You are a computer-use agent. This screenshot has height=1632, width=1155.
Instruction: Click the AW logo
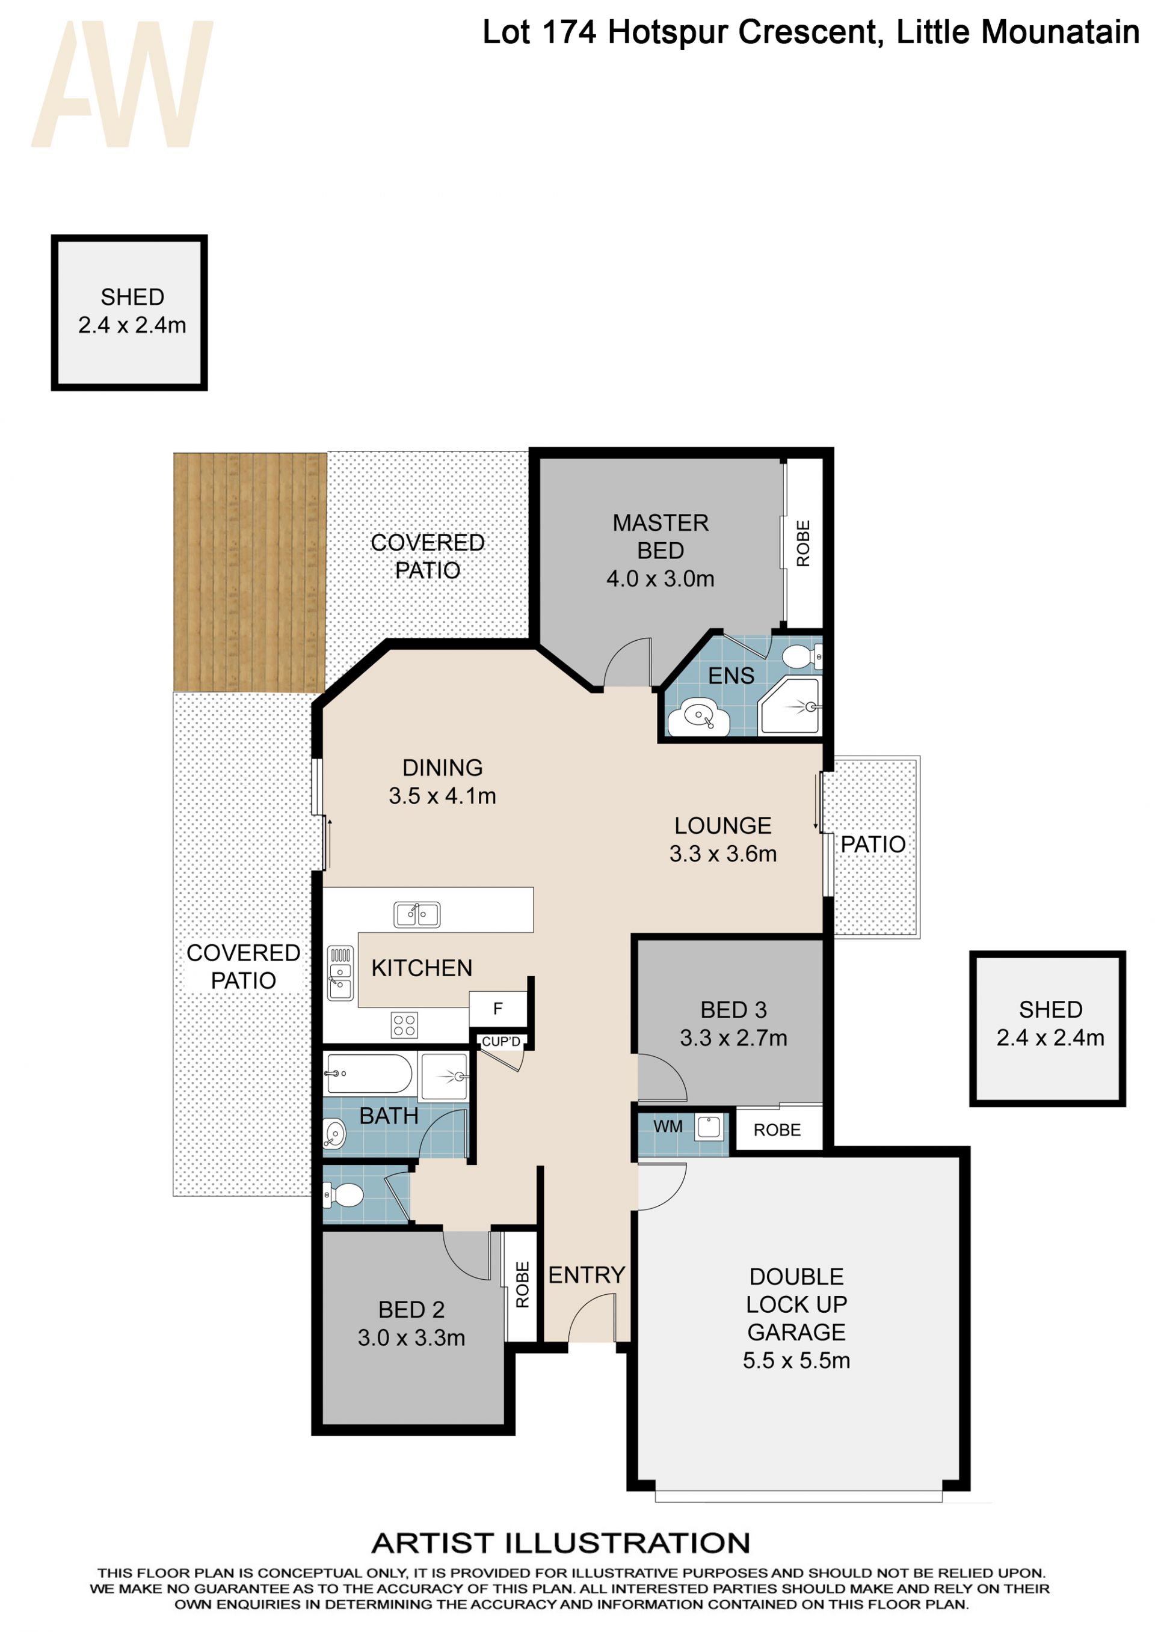[122, 84]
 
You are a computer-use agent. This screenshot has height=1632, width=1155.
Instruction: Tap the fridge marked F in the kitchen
[498, 1009]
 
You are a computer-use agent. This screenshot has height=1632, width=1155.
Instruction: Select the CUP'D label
[501, 1041]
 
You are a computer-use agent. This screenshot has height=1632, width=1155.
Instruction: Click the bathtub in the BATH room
[368, 1074]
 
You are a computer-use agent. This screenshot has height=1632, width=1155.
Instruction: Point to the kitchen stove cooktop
[404, 1025]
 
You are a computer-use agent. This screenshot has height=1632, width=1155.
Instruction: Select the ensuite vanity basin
[698, 717]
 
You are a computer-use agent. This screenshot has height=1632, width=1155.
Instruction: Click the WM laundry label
[668, 1126]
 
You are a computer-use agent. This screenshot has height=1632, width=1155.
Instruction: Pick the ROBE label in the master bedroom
[803, 544]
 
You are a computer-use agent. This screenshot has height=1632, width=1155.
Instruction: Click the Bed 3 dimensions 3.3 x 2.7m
[733, 1038]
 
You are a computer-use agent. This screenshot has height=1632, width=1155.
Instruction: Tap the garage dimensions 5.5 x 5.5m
[796, 1360]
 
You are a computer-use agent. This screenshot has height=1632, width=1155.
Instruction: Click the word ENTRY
[587, 1275]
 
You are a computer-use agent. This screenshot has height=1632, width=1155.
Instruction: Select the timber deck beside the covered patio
[250, 572]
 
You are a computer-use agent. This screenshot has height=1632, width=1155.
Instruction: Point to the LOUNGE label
[722, 825]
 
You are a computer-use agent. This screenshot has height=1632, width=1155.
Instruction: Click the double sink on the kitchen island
[417, 915]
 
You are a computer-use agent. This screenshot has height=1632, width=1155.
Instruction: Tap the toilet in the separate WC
[343, 1196]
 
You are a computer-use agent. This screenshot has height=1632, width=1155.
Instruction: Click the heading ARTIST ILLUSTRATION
[561, 1543]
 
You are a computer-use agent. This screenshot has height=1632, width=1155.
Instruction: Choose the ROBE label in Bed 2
[523, 1285]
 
